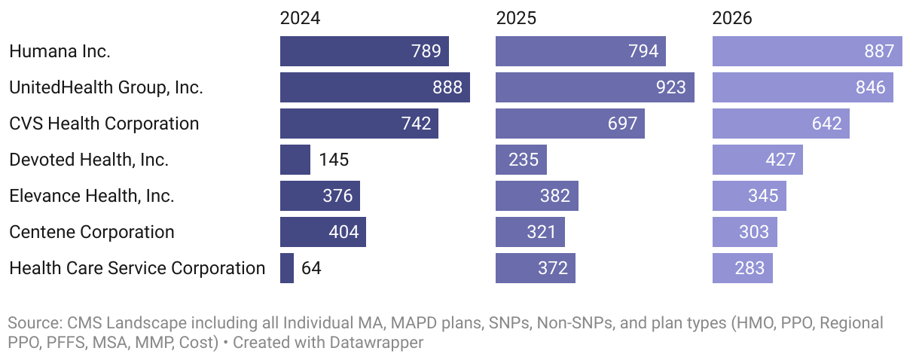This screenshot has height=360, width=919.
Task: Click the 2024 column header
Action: (300, 18)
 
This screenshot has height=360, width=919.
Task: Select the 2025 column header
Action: (516, 18)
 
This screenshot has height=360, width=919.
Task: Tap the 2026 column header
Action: (732, 18)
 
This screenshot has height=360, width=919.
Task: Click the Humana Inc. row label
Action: (60, 51)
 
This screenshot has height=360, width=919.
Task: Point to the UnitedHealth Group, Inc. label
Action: (105, 87)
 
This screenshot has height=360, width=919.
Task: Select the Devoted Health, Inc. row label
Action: (89, 160)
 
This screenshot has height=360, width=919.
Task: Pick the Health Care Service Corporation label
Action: (137, 268)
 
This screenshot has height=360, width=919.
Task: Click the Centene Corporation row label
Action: (91, 232)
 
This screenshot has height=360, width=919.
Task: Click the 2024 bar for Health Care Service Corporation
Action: (287, 268)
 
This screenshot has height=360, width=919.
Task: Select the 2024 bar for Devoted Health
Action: (295, 160)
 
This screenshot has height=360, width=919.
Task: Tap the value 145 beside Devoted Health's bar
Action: (334, 160)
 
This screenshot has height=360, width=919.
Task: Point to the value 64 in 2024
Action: (311, 268)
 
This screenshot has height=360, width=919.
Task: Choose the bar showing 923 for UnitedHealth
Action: (594, 87)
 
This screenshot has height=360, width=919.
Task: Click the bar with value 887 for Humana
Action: (807, 51)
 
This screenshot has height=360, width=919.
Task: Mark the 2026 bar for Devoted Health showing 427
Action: (757, 160)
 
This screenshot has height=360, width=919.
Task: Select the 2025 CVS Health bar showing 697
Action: (569, 124)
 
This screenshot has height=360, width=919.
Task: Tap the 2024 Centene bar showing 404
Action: (322, 232)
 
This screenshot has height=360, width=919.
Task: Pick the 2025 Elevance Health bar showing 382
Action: (536, 196)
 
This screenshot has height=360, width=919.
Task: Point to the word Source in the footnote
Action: (32, 324)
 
